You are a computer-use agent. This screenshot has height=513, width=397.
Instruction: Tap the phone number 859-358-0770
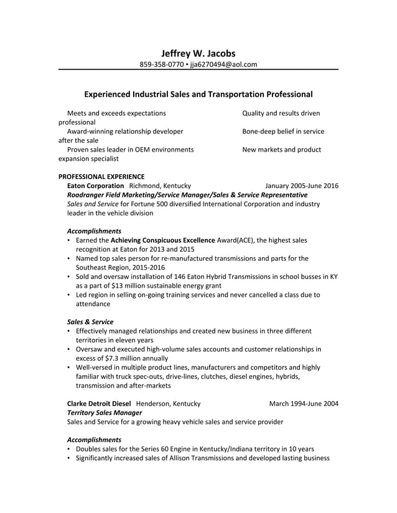tap(161, 64)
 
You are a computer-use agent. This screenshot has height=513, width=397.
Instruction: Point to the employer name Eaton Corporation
tap(95, 186)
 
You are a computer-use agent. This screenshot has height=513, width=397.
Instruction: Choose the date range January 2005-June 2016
tap(302, 186)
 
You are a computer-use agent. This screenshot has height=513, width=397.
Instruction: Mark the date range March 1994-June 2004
tap(304, 404)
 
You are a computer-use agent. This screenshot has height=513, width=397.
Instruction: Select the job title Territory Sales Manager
tap(104, 412)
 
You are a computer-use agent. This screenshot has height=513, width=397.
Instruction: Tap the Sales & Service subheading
tap(90, 322)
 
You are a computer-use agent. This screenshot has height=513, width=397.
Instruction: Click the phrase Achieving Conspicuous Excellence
tap(163, 240)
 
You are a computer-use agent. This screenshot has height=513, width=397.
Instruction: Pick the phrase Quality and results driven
tap(281, 113)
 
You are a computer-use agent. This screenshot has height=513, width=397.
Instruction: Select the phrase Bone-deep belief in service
tap(283, 131)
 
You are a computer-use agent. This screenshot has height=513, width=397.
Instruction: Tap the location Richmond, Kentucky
tap(160, 186)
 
